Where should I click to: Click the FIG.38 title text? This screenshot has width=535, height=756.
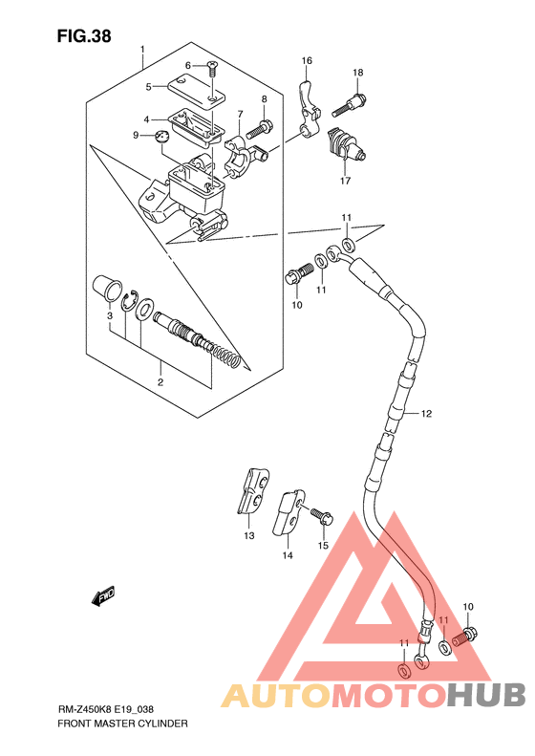[x=84, y=36]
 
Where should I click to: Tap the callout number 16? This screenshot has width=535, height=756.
[x=307, y=60]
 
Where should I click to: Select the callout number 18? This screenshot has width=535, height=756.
[x=357, y=73]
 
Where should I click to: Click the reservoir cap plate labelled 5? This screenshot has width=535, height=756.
[x=196, y=89]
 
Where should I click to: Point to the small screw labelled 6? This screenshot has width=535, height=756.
[x=211, y=69]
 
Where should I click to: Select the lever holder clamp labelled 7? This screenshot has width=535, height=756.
[x=245, y=158]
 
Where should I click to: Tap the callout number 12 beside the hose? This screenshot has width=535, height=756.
[x=426, y=413]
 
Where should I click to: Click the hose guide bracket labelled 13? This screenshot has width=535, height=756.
[x=253, y=491]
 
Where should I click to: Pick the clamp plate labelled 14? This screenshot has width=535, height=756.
[x=289, y=512]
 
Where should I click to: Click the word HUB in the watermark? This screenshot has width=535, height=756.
[x=486, y=694]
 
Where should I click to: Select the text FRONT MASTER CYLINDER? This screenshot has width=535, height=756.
[x=122, y=724]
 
